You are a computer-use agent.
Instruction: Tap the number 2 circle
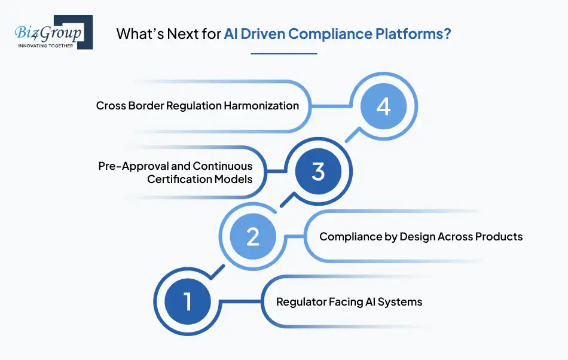tap(252, 237)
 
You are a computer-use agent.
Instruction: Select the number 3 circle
tap(318, 172)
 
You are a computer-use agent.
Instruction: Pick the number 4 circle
tap(383, 107)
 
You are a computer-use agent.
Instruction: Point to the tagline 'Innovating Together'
tap(46, 45)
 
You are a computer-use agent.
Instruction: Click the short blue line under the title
tap(283, 54)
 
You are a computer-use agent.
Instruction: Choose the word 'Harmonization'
tap(261, 106)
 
